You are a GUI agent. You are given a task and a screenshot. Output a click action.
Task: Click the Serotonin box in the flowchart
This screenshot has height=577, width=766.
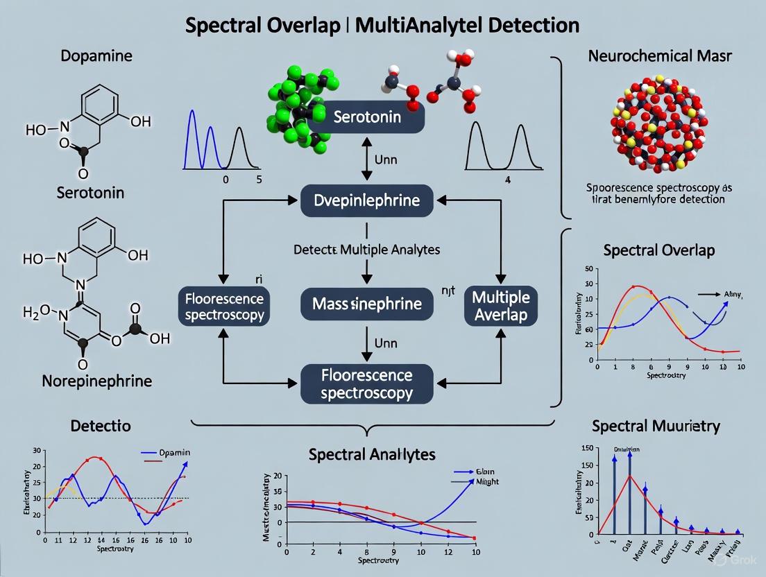(367, 117)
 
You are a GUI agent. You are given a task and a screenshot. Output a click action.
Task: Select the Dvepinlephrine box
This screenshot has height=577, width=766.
(367, 201)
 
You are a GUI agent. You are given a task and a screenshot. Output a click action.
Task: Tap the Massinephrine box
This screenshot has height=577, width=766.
(367, 303)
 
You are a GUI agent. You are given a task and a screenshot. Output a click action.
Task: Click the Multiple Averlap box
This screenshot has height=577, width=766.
(500, 306)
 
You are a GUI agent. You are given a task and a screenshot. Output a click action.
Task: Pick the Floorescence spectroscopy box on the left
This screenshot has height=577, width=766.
(225, 307)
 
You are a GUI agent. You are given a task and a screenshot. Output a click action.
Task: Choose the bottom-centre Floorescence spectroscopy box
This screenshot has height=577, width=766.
(367, 384)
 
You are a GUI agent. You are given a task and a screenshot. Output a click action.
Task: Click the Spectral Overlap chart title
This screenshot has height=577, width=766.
(658, 250)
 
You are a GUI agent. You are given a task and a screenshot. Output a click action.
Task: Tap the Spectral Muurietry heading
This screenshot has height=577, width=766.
(656, 426)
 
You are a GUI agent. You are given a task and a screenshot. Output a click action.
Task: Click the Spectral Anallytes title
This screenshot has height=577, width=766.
(372, 454)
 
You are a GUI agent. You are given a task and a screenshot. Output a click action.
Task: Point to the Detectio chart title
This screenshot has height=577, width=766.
(100, 425)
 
